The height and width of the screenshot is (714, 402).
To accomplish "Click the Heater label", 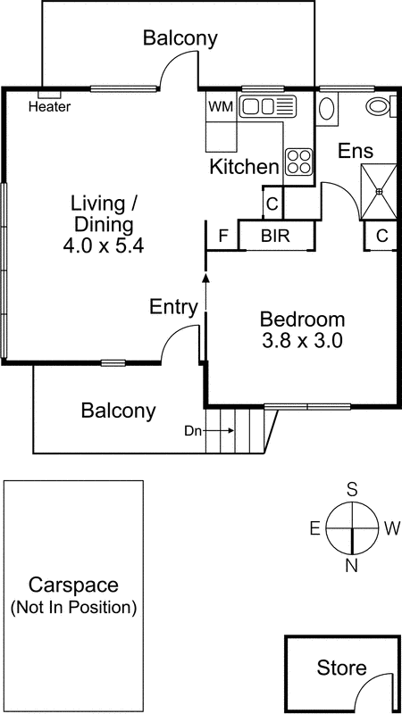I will pyautogui.click(x=50, y=107).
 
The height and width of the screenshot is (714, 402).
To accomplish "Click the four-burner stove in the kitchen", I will pyautogui.click(x=298, y=161).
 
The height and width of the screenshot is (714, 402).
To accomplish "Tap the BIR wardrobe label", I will pyautogui.click(x=275, y=237).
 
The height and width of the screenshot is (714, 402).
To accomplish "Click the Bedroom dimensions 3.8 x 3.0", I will pyautogui.click(x=302, y=340).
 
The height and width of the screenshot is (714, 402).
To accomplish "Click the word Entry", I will pyautogui.click(x=173, y=308).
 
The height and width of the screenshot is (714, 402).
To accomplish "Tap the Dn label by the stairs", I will pyautogui.click(x=192, y=431).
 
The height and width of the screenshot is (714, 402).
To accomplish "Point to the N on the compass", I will pyautogui.click(x=352, y=564).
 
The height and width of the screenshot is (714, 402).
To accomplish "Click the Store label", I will pyautogui.click(x=341, y=668).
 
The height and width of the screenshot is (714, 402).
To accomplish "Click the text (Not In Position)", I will pyautogui.click(x=72, y=609).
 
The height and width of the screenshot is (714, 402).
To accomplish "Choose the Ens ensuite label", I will pyautogui.click(x=355, y=152).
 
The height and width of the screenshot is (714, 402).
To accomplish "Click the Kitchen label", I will pyautogui.click(x=244, y=166).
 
